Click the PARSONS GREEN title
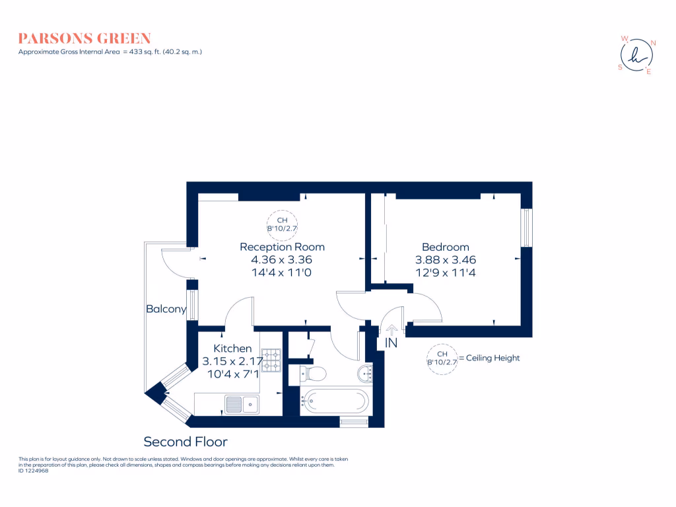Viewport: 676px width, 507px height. tap(84, 38)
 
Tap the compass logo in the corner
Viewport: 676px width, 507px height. tap(637, 56)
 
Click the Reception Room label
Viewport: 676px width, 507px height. tap(282, 247)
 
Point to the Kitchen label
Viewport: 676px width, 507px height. tap(232, 349)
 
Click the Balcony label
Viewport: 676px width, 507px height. tap(166, 308)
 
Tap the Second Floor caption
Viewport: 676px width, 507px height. tap(186, 442)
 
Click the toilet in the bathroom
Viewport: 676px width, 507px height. tap(313, 374)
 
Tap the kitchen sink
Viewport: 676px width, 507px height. tap(242, 403)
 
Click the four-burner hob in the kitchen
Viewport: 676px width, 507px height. tap(271, 360)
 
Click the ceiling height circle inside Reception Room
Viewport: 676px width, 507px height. tap(282, 225)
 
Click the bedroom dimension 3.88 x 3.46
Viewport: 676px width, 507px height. tap(445, 260)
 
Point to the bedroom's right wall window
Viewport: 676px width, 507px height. tap(526, 228)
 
